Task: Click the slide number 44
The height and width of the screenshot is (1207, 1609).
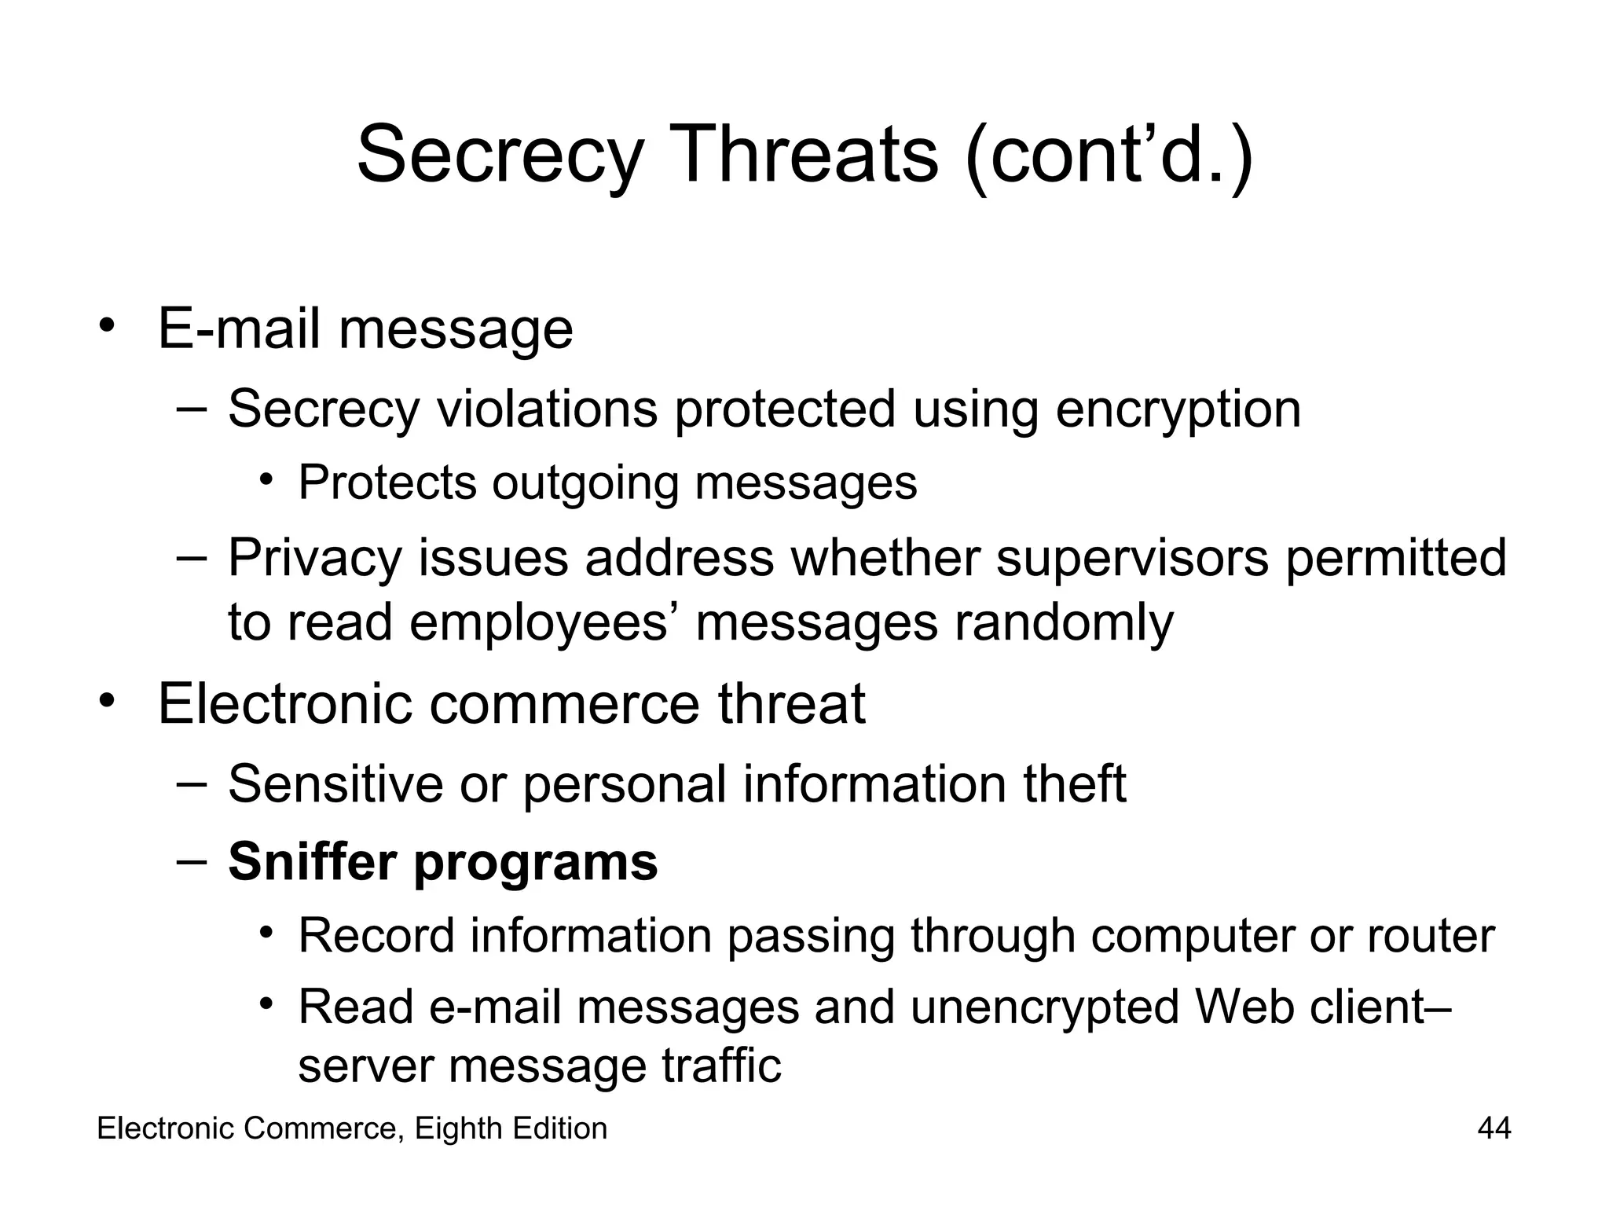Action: click(1494, 1128)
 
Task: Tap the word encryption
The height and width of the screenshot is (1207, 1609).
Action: click(1178, 409)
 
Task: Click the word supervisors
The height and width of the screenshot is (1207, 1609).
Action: click(1132, 558)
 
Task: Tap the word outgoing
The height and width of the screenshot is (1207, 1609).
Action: click(585, 482)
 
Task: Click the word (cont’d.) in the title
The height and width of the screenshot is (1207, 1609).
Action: click(1109, 155)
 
